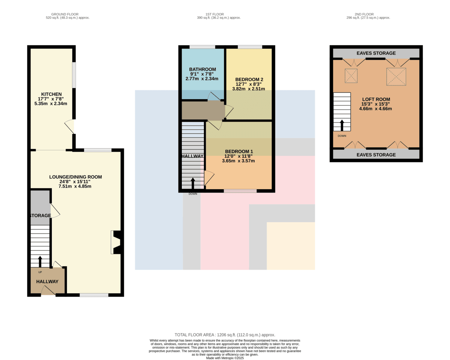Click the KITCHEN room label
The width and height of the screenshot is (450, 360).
point(51,94)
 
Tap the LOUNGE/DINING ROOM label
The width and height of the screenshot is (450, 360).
point(75,177)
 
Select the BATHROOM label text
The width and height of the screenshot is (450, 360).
point(202,69)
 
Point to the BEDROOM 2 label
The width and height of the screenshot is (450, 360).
point(249,80)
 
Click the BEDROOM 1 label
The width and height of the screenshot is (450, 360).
point(239,151)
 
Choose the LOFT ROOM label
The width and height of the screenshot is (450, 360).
point(376,99)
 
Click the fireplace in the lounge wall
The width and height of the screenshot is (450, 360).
point(116,242)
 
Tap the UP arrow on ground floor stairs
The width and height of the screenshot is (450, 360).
point(40,262)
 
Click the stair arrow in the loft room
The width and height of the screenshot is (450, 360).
point(342,125)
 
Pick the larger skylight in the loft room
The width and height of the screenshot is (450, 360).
point(396,77)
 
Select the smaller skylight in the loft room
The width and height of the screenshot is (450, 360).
point(351,76)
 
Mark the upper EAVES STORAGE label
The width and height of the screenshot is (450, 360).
point(376,53)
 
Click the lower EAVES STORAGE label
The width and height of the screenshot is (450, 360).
point(376,155)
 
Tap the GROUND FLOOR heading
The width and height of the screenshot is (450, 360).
point(65,14)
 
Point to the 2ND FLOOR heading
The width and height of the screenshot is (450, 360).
point(364,14)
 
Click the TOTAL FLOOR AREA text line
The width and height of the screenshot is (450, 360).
point(225,335)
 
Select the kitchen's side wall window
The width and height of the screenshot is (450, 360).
point(74,75)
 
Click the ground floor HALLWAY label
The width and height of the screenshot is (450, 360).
point(47,282)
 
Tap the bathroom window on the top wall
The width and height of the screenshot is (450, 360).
point(202,47)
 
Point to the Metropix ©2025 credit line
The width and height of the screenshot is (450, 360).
point(225,358)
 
